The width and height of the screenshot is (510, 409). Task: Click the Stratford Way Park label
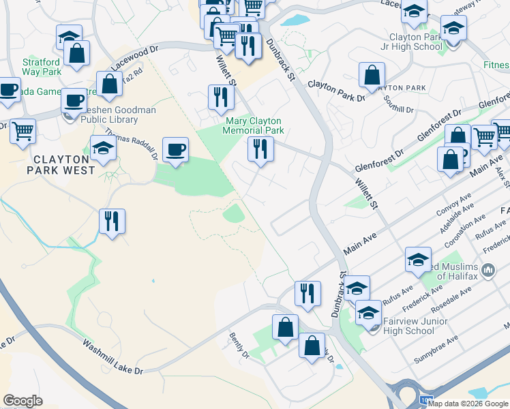point(41,66)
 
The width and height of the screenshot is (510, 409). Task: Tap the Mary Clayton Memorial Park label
point(254,125)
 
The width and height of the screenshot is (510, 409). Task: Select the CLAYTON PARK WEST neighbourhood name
point(61,164)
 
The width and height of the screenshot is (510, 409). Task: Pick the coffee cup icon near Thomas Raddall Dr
point(175,149)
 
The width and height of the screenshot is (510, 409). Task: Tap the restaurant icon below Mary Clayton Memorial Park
point(260,149)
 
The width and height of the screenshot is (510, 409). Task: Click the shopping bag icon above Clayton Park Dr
point(372,75)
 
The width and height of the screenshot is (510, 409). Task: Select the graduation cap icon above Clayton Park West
point(103,148)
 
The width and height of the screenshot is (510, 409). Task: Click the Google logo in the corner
point(22,401)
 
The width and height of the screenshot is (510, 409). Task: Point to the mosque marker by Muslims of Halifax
point(487,271)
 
